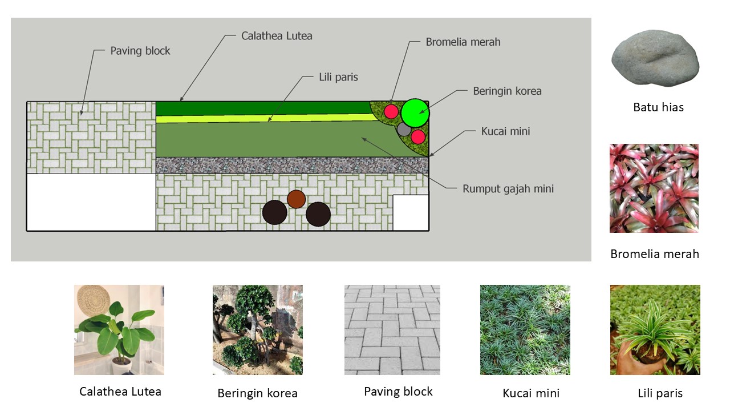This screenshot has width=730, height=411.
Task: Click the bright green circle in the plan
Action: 415,113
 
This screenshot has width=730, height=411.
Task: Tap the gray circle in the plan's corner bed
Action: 404,129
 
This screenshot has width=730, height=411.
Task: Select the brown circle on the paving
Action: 296,199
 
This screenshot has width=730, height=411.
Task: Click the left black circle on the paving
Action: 275,213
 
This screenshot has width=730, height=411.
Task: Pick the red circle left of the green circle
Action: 391,111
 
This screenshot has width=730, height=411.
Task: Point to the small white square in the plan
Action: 411,212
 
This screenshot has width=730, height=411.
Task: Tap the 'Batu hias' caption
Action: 658,107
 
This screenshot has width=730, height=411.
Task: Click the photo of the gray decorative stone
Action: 655,58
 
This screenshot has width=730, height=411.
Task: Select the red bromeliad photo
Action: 654,188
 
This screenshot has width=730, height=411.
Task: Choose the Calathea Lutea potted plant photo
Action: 119,330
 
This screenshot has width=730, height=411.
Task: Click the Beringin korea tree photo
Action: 258,330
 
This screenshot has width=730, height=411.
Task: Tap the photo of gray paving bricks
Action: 392,330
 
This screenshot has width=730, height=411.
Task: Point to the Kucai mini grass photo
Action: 525,330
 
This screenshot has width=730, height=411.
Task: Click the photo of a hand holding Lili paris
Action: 655,330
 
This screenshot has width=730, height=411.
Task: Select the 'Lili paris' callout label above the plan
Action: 338,77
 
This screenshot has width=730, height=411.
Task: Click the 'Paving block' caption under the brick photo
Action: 398,392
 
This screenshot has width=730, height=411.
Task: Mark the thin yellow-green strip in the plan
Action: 262,119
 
